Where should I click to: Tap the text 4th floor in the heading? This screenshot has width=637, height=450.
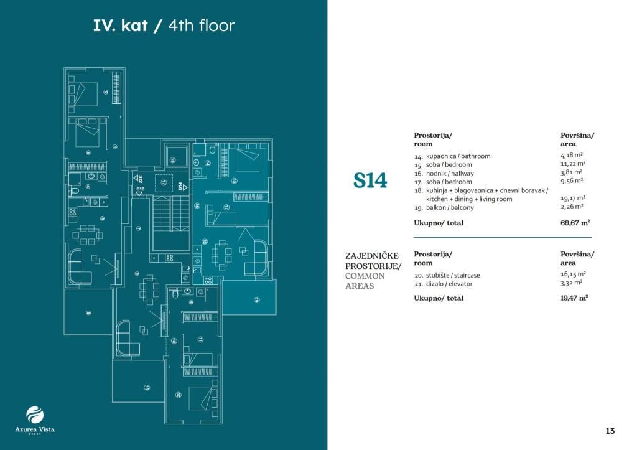(202, 26)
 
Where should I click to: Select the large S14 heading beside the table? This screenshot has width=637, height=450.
(370, 180)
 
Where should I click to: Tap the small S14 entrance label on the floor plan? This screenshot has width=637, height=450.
(180, 185)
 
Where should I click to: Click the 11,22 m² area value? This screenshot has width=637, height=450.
(572, 164)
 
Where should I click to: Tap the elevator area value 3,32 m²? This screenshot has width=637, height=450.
(571, 283)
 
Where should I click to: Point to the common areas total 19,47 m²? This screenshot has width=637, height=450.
(574, 298)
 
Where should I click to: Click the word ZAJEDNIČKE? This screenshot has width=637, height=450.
(371, 255)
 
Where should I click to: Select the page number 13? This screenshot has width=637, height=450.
(610, 431)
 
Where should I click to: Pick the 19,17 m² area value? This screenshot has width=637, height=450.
(572, 199)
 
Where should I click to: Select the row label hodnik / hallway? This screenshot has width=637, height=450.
(444, 173)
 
